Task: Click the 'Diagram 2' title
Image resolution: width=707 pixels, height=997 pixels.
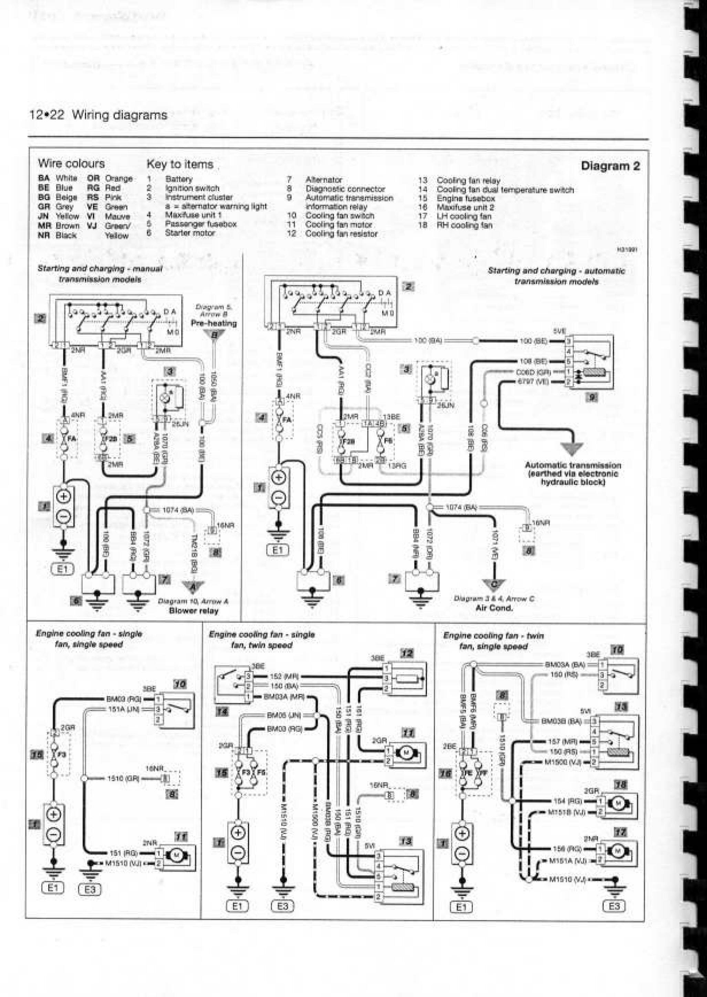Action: click(x=610, y=166)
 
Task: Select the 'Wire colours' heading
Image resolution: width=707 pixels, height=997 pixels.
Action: click(x=71, y=163)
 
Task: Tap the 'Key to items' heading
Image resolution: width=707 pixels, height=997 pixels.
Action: click(x=180, y=164)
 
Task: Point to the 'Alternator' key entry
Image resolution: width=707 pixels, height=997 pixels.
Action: click(x=323, y=180)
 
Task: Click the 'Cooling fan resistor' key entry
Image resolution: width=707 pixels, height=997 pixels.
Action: click(x=341, y=234)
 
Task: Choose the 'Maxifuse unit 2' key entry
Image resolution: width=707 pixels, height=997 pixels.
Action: click(x=465, y=207)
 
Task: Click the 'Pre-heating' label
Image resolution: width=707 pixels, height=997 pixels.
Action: click(x=214, y=323)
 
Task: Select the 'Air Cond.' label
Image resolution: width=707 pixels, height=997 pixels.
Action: click(x=494, y=608)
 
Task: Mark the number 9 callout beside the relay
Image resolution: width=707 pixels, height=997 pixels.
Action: click(x=591, y=397)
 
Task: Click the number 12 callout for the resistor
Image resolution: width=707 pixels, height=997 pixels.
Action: click(x=407, y=653)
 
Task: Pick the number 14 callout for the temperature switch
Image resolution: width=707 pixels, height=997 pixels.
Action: click(x=222, y=712)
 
